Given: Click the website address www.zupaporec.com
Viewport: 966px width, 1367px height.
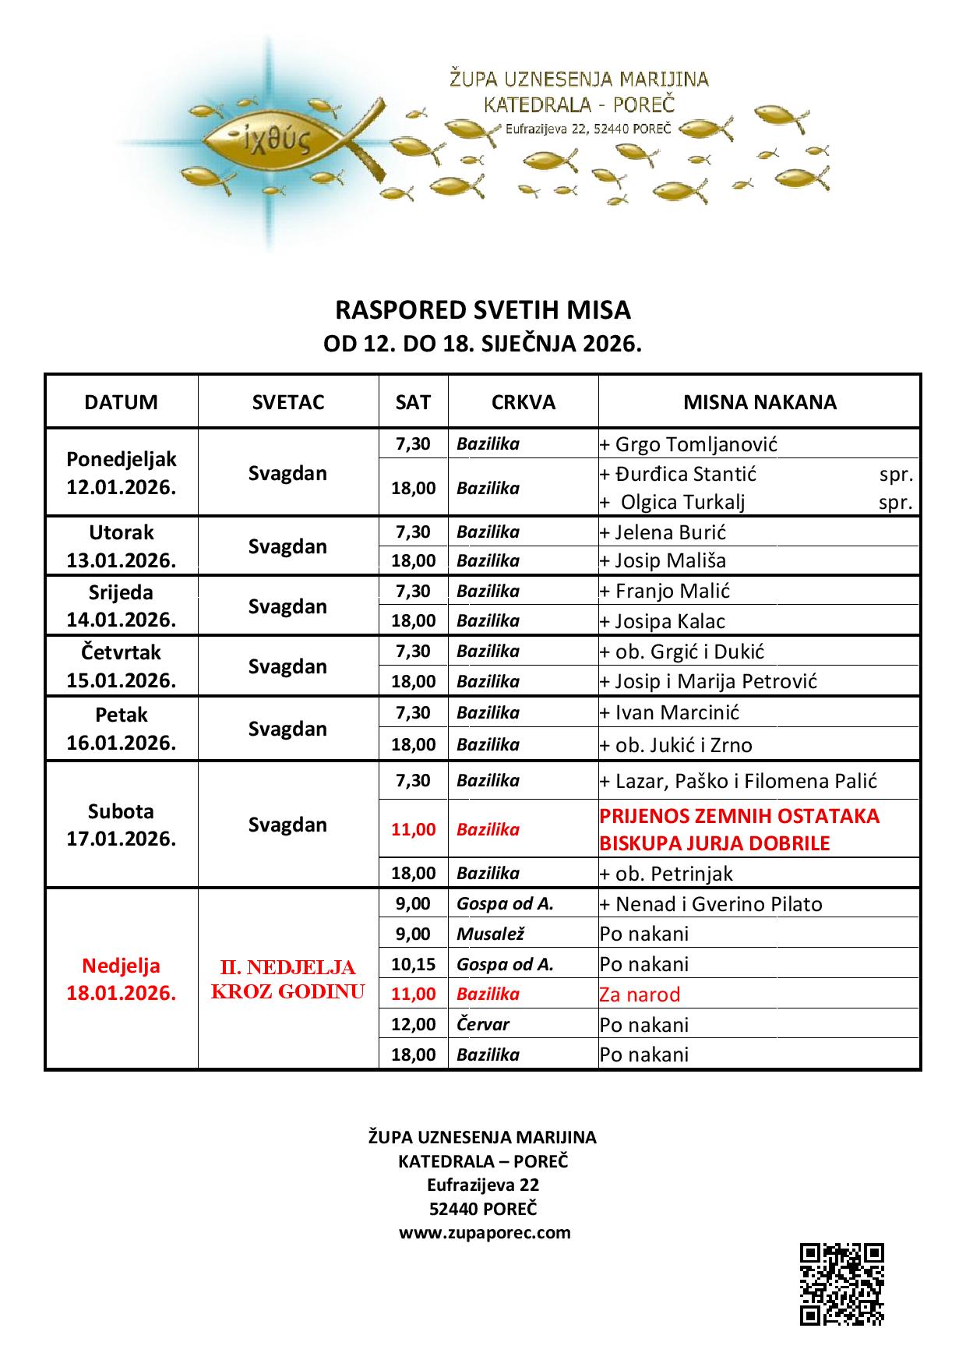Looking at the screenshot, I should [x=485, y=1232].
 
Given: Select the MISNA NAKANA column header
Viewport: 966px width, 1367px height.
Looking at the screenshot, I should [x=760, y=402].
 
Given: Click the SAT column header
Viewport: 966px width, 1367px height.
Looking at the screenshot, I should [x=413, y=402].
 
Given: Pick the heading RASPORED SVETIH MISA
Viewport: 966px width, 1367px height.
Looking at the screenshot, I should [x=482, y=310].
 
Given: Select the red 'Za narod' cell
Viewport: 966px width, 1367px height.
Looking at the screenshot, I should [x=640, y=994].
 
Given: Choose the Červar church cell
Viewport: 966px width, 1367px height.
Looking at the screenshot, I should [x=483, y=1024].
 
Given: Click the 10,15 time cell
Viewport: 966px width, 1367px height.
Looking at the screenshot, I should [x=413, y=964].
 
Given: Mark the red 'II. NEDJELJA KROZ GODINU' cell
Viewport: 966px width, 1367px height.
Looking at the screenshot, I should [x=288, y=979].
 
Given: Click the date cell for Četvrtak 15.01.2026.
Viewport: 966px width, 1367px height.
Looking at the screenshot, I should [x=121, y=666].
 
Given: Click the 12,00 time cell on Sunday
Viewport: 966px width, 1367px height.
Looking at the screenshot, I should [x=413, y=1024].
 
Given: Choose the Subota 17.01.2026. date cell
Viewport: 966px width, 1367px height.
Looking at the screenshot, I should [x=121, y=825].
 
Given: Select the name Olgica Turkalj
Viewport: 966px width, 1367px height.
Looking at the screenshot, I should [x=682, y=502].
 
